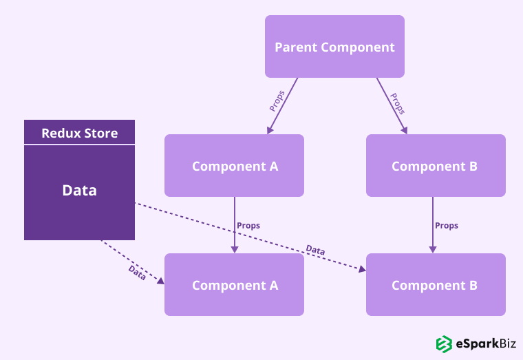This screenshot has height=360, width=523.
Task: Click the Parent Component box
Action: [334, 46]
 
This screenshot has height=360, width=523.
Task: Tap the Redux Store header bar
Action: [79, 131]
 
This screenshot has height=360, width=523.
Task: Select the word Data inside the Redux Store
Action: [79, 190]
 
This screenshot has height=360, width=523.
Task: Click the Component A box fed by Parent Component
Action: [234, 165]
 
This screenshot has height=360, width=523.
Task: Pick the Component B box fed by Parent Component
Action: [436, 165]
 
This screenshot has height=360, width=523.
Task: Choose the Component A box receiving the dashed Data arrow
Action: [234, 284]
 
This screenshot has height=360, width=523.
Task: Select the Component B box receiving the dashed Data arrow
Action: [436, 284]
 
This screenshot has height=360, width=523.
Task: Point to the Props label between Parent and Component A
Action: [277, 100]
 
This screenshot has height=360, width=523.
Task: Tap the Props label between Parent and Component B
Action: [398, 104]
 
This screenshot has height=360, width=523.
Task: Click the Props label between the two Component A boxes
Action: [248, 226]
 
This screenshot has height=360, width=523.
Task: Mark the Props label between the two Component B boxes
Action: [447, 226]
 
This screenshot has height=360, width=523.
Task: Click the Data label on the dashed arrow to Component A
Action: [137, 273]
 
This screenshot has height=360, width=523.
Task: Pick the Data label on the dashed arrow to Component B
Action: [316, 250]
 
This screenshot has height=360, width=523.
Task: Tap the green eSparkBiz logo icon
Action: [444, 343]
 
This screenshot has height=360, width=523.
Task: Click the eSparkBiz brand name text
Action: [486, 343]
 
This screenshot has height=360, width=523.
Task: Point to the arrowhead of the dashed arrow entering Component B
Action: [362, 269]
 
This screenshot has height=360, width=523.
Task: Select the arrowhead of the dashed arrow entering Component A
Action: [161, 281]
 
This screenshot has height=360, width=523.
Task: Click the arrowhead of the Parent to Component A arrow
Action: [270, 131]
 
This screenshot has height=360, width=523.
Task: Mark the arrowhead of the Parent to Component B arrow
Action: [404, 131]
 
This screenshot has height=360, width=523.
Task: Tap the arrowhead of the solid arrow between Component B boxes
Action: [433, 250]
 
